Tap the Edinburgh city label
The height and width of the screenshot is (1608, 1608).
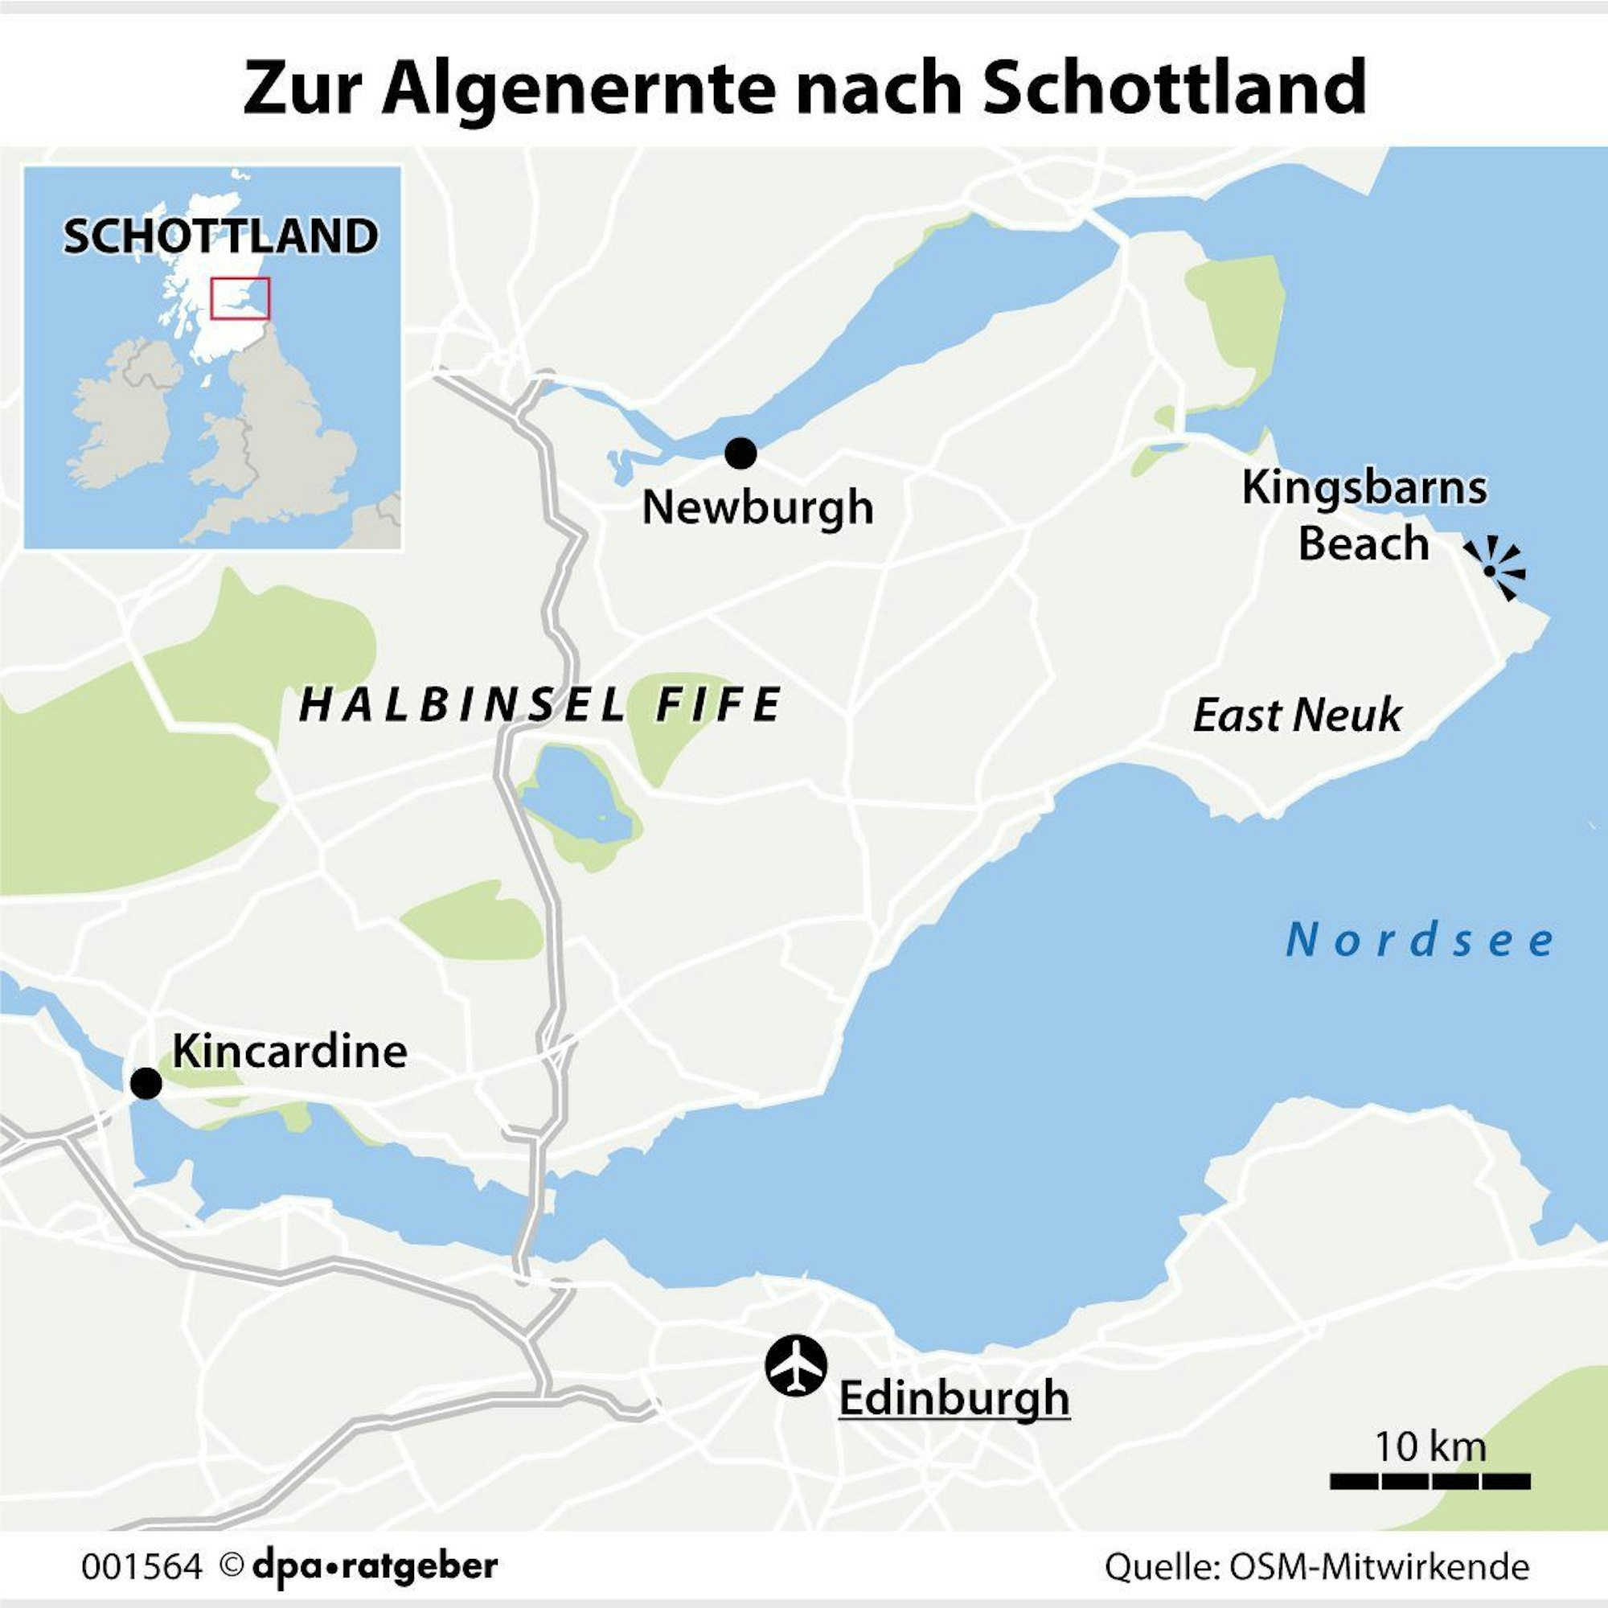(954, 1397)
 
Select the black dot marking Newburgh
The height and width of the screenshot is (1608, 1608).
(740, 453)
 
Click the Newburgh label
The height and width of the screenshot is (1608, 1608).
(757, 507)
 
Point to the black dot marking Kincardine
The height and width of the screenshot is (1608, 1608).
(146, 1084)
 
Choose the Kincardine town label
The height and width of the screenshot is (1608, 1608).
(289, 1052)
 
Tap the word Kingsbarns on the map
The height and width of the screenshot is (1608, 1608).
(1364, 489)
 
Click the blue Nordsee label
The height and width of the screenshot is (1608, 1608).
(1420, 941)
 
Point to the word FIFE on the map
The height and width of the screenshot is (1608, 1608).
(719, 705)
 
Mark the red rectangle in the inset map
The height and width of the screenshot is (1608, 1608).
(240, 299)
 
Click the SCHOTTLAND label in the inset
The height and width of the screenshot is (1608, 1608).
(220, 236)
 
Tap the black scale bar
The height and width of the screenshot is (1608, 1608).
(1430, 1482)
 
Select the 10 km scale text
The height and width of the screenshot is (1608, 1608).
(1430, 1446)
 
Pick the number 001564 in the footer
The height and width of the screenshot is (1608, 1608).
(142, 1566)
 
